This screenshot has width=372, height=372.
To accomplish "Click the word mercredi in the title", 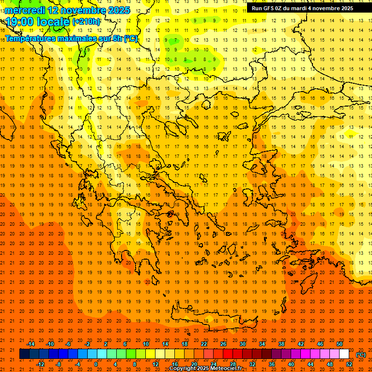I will coord(26,10).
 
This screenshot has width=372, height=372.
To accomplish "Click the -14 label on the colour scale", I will coord(31,344).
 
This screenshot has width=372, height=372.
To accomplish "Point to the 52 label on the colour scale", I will coord(349,364).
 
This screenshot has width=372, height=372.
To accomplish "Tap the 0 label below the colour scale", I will coord(95,364).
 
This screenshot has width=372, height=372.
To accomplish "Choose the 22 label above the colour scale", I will coord(203,344).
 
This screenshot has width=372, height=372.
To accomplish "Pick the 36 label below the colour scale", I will coord(271,364).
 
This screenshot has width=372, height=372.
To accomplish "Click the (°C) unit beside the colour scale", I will coord(361,354).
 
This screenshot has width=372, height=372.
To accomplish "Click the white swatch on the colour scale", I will coord(344,354).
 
